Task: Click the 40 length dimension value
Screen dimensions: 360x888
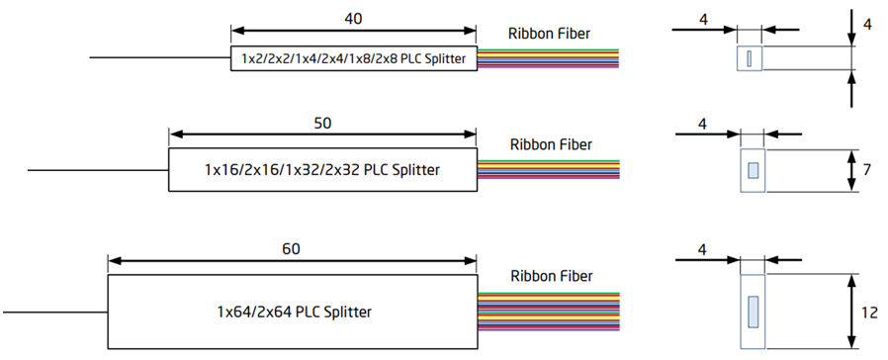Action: (x=353, y=18)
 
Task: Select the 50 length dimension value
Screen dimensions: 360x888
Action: (x=322, y=124)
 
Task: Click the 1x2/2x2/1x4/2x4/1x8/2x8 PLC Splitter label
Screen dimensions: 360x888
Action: (x=353, y=58)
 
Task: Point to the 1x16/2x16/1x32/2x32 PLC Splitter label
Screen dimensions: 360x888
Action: (x=322, y=170)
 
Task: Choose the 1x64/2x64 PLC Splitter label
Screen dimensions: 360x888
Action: (x=295, y=312)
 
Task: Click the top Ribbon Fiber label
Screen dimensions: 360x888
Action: (x=550, y=34)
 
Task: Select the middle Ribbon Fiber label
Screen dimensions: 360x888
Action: (x=550, y=144)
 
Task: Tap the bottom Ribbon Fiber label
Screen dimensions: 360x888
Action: (x=550, y=275)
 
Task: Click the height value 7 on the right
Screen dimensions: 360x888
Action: (x=867, y=170)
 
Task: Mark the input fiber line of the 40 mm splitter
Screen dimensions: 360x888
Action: (x=159, y=58)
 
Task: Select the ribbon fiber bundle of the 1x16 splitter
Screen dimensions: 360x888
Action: (x=550, y=170)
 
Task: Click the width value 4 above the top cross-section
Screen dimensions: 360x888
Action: (x=703, y=17)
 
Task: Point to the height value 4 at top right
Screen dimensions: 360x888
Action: (x=867, y=23)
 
